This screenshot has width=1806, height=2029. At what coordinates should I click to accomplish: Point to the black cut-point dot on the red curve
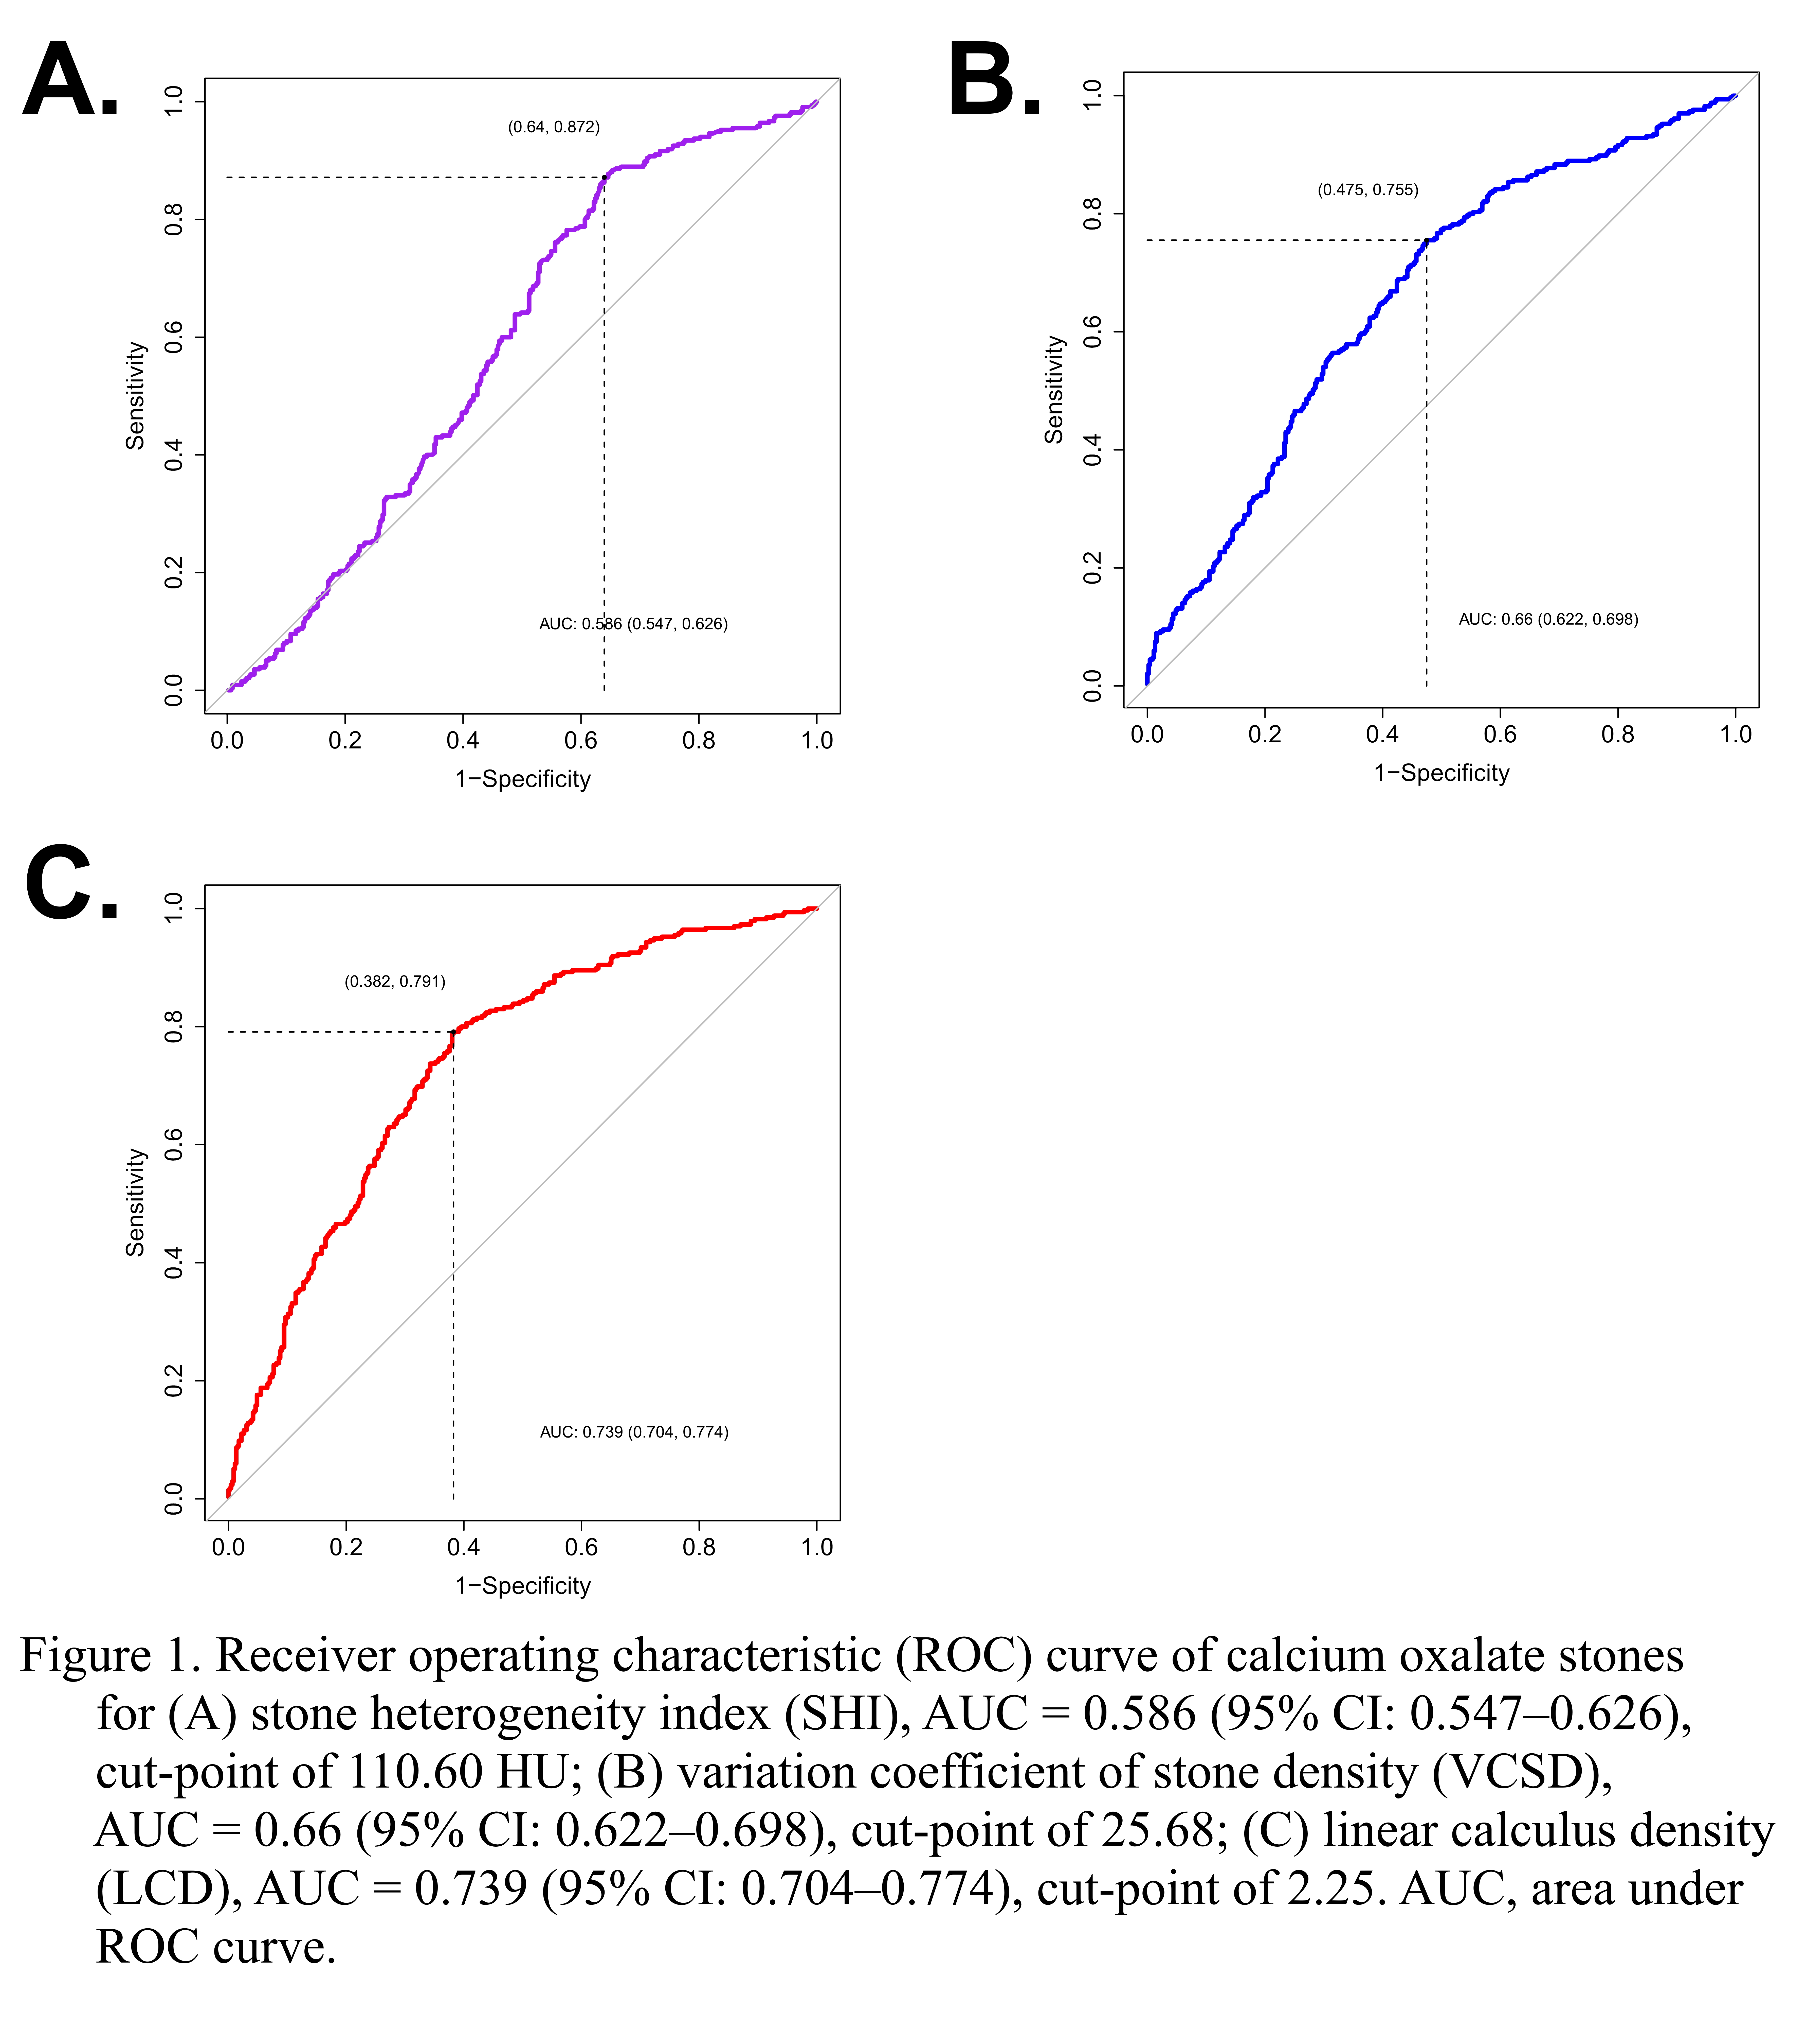coord(453,1032)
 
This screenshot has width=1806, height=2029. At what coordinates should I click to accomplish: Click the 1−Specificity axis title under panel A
coord(523,779)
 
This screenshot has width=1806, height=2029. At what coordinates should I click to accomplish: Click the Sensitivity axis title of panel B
coord(1054,389)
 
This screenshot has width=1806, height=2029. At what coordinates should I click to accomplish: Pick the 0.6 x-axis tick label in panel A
coord(580,741)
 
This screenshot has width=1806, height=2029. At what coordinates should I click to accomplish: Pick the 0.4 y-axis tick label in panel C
coord(174,1263)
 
